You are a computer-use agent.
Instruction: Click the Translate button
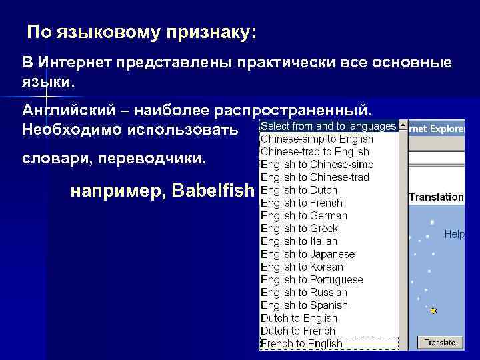click(440, 343)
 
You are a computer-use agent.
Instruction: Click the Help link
click(454, 235)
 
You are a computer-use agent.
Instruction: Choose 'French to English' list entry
click(301, 344)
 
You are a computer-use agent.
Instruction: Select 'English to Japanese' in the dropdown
click(307, 254)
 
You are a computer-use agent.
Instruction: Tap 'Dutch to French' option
click(297, 331)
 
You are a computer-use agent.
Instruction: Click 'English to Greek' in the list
click(299, 228)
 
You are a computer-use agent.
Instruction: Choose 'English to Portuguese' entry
click(311, 280)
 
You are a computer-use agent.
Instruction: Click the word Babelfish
click(213, 191)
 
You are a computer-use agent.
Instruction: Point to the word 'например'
click(117, 191)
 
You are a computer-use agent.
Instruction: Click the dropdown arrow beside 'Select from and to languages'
click(403, 126)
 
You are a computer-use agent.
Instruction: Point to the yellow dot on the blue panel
click(433, 311)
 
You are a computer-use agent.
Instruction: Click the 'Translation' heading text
click(436, 197)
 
